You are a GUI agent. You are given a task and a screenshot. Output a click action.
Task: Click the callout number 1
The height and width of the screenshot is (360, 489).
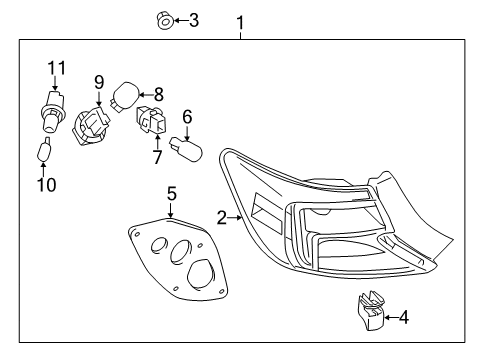[239, 21]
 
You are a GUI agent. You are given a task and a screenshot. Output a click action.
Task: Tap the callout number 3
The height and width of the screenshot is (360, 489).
[193, 18]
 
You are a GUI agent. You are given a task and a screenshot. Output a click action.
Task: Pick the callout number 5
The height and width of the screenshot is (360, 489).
[171, 193]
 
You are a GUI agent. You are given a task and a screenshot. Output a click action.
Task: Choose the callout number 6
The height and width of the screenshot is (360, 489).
[186, 116]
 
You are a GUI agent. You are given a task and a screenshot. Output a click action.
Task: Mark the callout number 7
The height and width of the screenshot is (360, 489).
[156, 158]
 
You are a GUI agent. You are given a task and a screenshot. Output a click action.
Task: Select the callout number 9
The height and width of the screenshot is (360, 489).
[99, 81]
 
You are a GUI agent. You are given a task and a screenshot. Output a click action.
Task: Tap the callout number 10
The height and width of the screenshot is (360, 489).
[46, 183]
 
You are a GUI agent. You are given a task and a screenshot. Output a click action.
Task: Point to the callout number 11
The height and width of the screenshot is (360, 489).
[56, 67]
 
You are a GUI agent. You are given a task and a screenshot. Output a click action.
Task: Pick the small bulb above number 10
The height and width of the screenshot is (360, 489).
[44, 153]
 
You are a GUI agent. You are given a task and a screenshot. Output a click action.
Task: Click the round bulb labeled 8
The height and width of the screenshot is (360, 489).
[125, 96]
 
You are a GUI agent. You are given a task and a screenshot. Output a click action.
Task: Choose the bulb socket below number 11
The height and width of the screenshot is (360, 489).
[50, 113]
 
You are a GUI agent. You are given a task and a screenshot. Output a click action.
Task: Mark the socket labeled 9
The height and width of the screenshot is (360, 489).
[93, 126]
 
